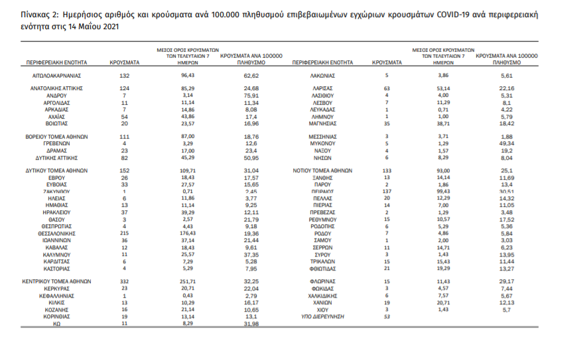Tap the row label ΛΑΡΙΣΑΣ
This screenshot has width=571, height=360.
tap(322, 88)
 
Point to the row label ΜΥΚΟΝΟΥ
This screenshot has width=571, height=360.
tap(322, 143)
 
